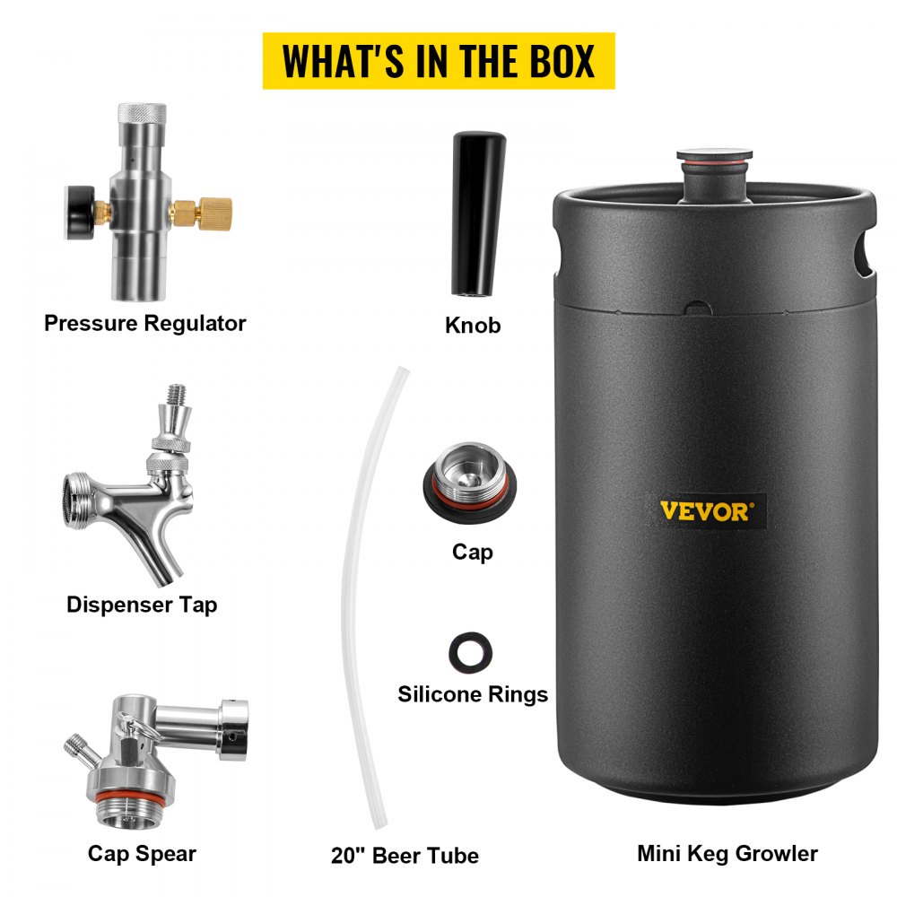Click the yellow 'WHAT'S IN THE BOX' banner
(x=439, y=61)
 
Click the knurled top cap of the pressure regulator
(x=142, y=118)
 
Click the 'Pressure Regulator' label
(x=144, y=323)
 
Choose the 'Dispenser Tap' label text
(x=142, y=605)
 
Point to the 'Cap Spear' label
(x=142, y=853)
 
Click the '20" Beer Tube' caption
(x=405, y=855)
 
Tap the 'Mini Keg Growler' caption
(x=727, y=853)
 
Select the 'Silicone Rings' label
(x=473, y=694)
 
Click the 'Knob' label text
(x=473, y=325)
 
